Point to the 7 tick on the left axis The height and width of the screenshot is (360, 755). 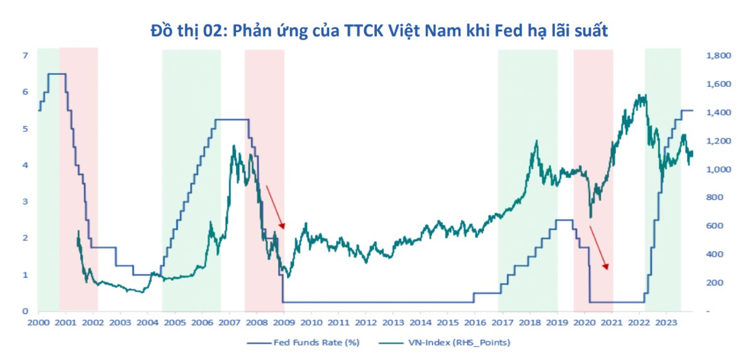point(26,55)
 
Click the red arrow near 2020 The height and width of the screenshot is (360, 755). point(599,247)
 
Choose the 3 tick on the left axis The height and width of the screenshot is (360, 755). point(26,201)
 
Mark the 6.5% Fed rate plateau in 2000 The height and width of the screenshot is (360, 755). point(57,74)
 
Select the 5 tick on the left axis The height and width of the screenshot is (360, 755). point(26,128)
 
